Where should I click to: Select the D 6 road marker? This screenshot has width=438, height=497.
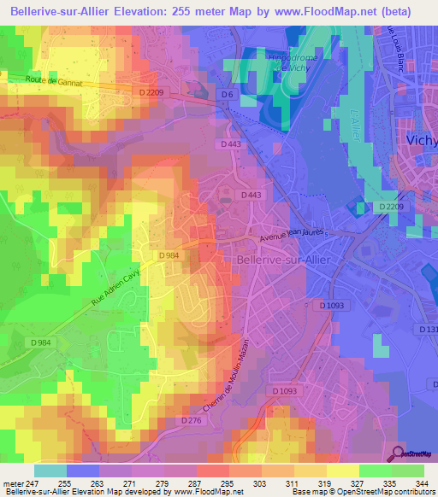click(x=224, y=95)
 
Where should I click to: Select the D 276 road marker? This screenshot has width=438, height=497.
click(x=192, y=421)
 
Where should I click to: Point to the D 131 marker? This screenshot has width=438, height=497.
click(x=428, y=329)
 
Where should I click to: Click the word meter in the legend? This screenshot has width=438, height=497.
click(x=14, y=482)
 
